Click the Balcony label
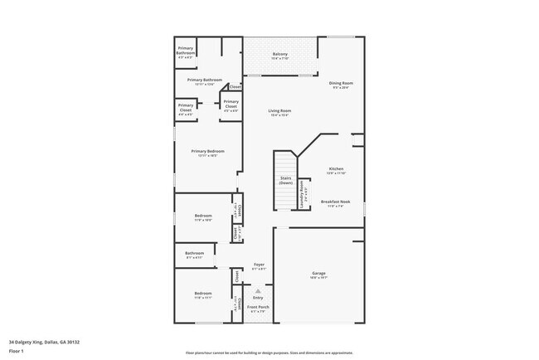point(280,54)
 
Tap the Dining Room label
point(342,82)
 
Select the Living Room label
point(279,110)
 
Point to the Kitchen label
point(335,168)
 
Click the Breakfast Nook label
point(335,201)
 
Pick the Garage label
point(318,273)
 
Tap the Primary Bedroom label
point(207,151)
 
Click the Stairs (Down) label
point(285,179)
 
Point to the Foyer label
point(259,264)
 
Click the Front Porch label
point(258,307)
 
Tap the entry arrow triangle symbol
point(258,291)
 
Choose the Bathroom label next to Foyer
point(194,253)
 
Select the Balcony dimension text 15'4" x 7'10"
point(280,59)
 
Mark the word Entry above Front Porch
point(258,297)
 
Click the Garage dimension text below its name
point(318,278)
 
